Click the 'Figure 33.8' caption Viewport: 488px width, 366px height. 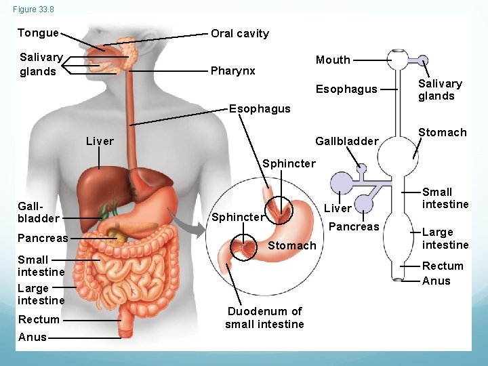[x=33, y=9]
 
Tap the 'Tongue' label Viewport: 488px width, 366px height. [x=38, y=33]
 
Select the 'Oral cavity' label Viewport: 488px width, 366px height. [x=239, y=33]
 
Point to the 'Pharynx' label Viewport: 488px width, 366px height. [x=232, y=70]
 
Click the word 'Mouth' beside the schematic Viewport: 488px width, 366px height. [x=333, y=60]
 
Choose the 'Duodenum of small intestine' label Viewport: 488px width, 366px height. [x=264, y=317]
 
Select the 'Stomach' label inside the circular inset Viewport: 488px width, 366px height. [x=292, y=245]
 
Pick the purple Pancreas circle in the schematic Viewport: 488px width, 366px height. [x=365, y=203]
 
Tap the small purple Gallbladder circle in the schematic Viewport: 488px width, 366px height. [x=361, y=167]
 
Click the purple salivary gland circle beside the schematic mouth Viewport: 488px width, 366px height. [x=422, y=59]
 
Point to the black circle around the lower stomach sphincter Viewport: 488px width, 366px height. [x=244, y=247]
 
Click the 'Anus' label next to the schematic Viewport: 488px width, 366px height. [x=436, y=281]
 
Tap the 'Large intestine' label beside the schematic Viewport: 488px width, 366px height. [x=445, y=239]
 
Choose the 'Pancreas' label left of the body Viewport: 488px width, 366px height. [x=43, y=238]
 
